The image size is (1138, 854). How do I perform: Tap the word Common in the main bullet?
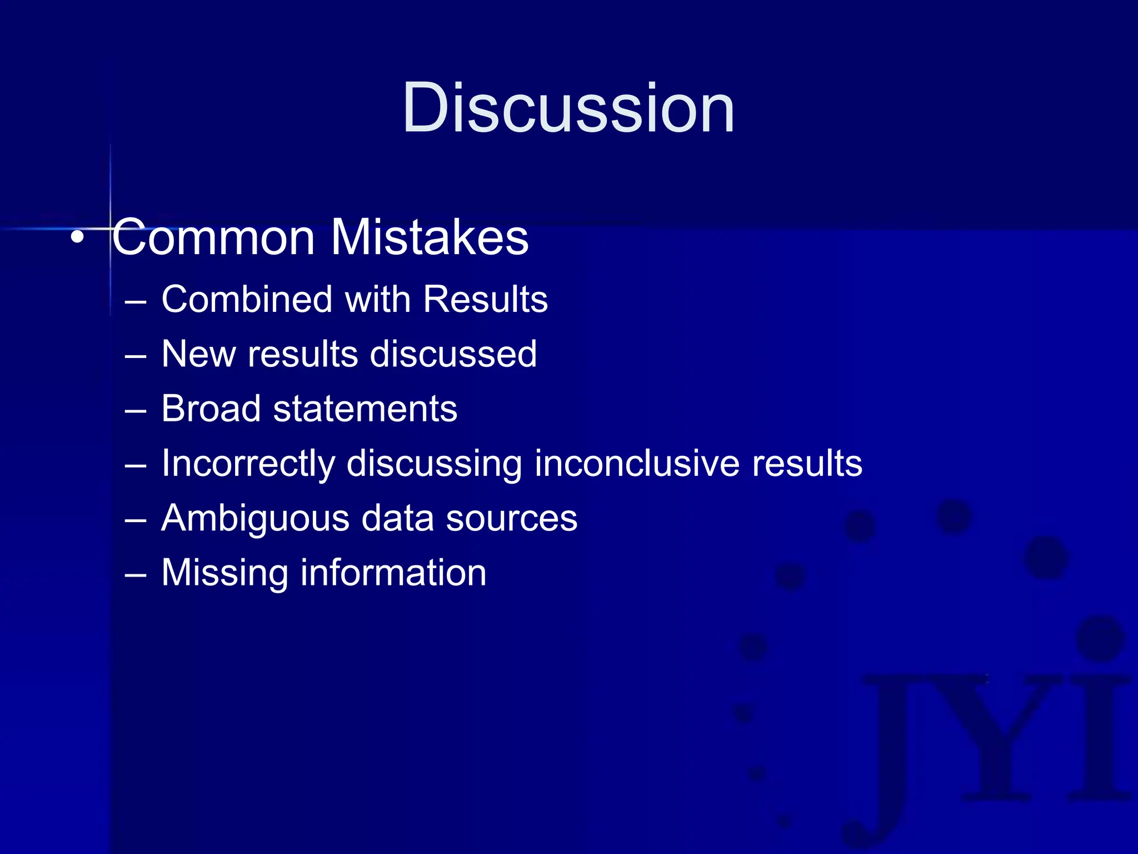[x=214, y=237]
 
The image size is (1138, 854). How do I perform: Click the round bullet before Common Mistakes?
[x=78, y=237]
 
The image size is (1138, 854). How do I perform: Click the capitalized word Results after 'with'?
[x=485, y=299]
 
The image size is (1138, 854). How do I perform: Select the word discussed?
[x=453, y=354]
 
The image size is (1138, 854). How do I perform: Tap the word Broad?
[x=211, y=409]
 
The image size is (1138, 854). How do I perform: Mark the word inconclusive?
[x=637, y=463]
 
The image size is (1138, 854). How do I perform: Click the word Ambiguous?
[x=255, y=518]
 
